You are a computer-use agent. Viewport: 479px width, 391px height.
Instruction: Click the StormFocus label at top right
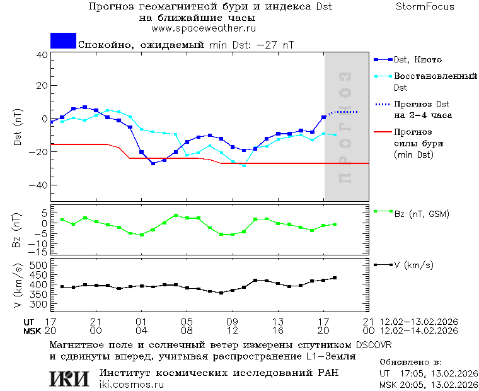click(425, 7)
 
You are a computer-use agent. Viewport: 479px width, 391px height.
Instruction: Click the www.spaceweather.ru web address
click(204, 28)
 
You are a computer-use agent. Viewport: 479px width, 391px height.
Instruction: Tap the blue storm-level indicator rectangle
click(63, 41)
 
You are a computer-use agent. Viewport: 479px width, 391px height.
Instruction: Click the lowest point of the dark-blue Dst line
click(153, 163)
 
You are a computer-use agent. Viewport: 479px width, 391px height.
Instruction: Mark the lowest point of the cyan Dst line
click(244, 165)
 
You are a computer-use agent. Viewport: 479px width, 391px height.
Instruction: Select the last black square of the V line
click(335, 277)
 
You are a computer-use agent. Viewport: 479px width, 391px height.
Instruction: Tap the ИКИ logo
click(70, 378)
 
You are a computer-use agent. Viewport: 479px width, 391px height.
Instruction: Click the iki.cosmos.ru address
click(132, 384)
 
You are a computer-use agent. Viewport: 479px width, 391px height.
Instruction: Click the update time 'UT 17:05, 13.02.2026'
click(426, 374)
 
